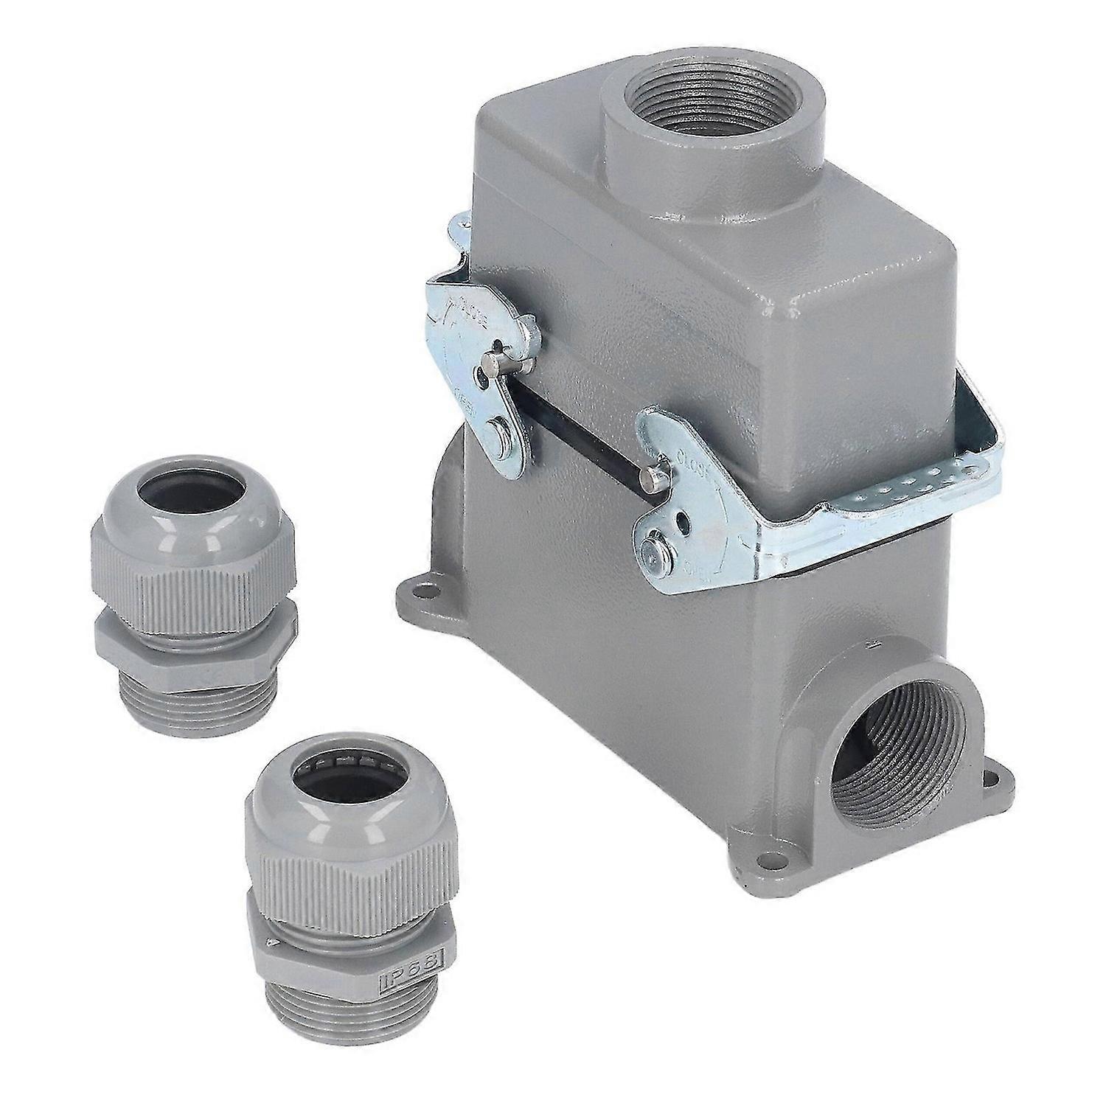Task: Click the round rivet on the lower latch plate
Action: click(650, 548)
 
